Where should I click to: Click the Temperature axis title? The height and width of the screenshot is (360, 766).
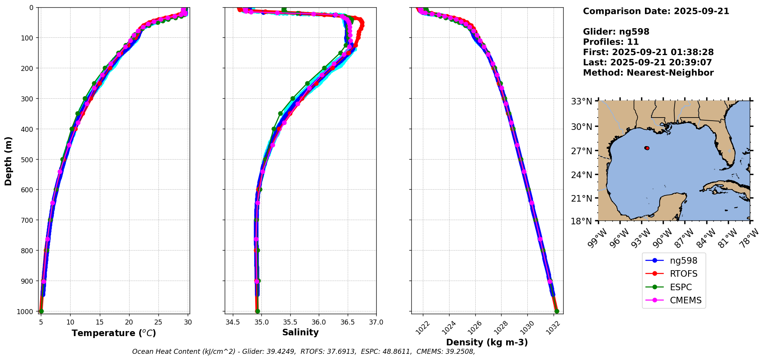(114, 333)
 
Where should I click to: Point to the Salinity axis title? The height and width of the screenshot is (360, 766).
(300, 333)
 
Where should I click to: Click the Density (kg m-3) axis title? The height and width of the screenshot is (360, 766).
(487, 342)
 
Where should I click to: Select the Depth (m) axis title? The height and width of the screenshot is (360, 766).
(8, 161)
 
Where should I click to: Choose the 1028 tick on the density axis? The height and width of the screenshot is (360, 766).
(500, 328)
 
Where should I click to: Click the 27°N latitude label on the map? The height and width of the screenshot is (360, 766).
(581, 151)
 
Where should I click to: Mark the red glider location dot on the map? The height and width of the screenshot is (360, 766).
(647, 148)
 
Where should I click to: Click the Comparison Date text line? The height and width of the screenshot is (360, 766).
(656, 11)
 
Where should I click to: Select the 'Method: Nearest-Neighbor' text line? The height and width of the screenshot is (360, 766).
(648, 73)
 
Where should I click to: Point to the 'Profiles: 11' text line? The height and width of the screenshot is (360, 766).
(611, 42)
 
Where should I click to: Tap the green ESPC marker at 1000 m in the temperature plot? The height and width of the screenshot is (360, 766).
(41, 311)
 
